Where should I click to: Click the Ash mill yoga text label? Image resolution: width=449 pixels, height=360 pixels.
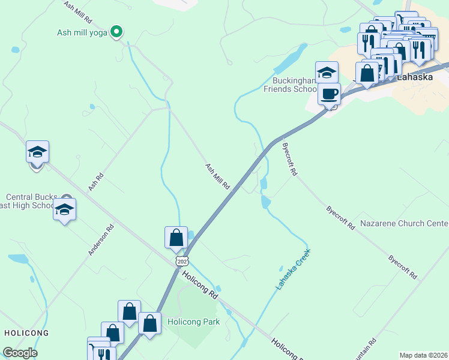[x=82, y=33]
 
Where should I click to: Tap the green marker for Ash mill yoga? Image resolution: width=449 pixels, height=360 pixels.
[x=118, y=32]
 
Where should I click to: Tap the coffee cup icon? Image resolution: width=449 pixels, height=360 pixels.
[x=329, y=94]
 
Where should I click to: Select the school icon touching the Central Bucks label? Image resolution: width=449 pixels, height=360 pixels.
[x=64, y=211]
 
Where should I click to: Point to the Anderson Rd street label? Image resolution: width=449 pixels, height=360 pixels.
[x=101, y=240]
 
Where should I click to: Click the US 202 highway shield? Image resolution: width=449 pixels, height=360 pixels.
[x=182, y=262]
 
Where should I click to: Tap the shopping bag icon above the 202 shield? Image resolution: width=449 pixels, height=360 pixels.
[x=176, y=238]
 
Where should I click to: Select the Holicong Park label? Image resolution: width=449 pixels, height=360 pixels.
[x=193, y=322]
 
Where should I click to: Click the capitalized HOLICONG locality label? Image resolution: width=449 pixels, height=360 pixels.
[x=26, y=332]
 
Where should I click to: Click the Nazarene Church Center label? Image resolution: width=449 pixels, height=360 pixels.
[x=404, y=224]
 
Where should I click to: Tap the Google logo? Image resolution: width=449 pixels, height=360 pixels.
[x=20, y=353]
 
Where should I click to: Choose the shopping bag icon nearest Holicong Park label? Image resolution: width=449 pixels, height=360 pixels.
[x=149, y=323]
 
